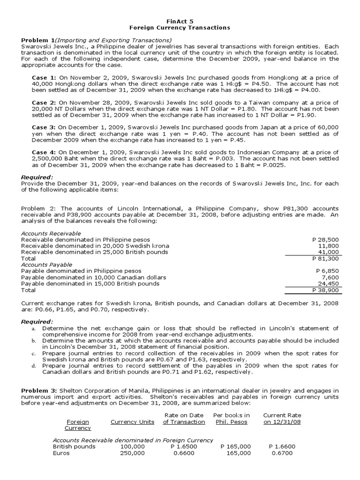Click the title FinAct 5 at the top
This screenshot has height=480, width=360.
click(180, 21)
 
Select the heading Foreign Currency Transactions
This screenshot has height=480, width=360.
click(180, 28)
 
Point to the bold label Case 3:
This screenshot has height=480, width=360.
click(44, 127)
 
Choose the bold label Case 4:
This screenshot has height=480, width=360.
click(44, 152)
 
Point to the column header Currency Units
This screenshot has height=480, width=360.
click(132, 422)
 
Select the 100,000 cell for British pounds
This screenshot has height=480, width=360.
click(133, 447)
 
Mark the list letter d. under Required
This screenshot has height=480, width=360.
click(34, 366)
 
